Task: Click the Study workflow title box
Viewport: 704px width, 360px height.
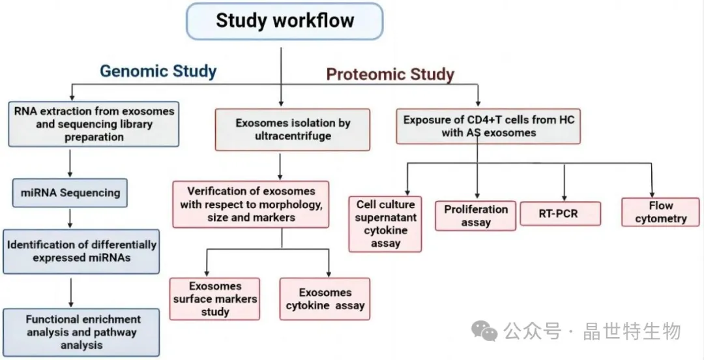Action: point(284,21)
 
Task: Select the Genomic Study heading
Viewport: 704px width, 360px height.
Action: point(158,71)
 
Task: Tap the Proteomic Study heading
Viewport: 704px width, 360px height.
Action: point(390,74)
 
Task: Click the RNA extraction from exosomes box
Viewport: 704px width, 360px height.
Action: point(94,124)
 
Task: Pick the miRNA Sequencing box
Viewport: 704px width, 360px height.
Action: point(70,193)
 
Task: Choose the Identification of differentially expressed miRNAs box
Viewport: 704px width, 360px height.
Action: point(81,251)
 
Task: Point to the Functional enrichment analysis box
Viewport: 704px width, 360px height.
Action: point(81,332)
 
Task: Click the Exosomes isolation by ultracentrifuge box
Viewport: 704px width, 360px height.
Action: point(293,129)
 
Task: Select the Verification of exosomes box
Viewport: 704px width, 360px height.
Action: point(251,204)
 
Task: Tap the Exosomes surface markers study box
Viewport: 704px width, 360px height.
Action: point(214,299)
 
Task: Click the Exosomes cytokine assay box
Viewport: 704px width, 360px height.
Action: point(325,299)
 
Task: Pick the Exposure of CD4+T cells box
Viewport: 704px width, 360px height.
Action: point(488,127)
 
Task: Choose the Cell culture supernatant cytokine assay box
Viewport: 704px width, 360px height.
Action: point(385,224)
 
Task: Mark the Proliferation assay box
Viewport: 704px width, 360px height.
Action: point(475,216)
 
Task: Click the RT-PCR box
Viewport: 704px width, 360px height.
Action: point(561,213)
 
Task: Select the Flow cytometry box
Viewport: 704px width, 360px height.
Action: point(660,212)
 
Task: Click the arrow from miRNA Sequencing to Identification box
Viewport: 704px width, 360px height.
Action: point(70,218)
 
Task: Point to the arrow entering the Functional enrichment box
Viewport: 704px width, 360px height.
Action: point(70,292)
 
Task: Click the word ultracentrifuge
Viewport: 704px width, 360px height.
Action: point(293,136)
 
